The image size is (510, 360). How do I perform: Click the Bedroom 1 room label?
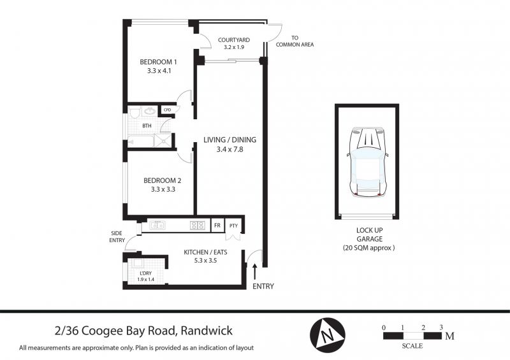point(158,62)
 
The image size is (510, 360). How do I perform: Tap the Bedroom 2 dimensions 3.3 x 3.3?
point(163,189)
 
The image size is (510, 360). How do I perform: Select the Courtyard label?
point(234,40)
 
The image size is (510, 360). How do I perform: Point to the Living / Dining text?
point(229,140)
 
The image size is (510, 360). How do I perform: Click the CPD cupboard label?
point(167,110)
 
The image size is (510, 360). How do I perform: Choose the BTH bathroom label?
point(147,126)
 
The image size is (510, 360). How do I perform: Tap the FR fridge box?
point(217,226)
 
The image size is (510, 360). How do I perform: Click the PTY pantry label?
point(233,226)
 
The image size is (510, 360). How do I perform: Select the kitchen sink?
point(157,225)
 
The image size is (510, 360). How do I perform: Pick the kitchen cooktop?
point(198,225)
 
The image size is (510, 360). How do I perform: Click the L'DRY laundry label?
point(145,273)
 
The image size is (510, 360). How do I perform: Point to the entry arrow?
point(254,271)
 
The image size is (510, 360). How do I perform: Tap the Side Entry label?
point(117,237)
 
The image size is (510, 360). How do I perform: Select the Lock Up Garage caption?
point(369,239)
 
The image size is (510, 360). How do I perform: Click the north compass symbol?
point(328,334)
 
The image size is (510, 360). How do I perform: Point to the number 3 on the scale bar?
point(441,328)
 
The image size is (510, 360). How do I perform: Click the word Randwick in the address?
point(207,331)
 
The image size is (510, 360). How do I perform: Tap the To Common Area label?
point(295,41)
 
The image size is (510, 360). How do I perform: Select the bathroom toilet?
point(135,112)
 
